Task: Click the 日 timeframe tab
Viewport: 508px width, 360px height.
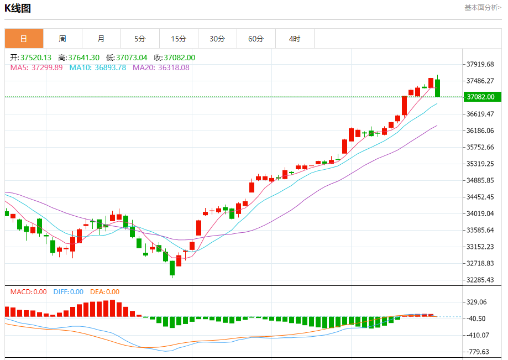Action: click(x=24, y=39)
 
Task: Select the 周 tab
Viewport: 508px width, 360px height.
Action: click(x=62, y=39)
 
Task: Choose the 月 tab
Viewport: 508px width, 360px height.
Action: click(x=101, y=39)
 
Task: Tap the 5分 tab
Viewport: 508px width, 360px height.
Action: click(x=140, y=39)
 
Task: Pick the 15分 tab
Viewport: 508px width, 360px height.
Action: click(x=179, y=39)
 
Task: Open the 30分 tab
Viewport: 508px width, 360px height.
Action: click(x=217, y=39)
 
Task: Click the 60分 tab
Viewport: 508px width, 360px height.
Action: click(x=256, y=39)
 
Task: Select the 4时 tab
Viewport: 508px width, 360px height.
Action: click(x=295, y=39)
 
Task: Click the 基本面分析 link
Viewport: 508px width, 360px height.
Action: click(x=483, y=8)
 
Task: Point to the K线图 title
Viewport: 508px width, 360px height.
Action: click(x=18, y=8)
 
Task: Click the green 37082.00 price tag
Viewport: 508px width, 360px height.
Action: click(x=483, y=97)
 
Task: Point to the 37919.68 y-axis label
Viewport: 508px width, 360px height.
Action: click(x=480, y=64)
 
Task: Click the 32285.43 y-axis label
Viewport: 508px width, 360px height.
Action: click(x=480, y=280)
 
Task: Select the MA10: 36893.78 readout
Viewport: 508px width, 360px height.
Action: click(x=98, y=67)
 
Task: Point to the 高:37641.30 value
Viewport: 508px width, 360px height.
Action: click(x=79, y=58)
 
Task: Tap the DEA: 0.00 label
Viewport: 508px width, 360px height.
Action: click(x=104, y=292)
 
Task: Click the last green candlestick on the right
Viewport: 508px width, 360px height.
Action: click(x=438, y=87)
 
